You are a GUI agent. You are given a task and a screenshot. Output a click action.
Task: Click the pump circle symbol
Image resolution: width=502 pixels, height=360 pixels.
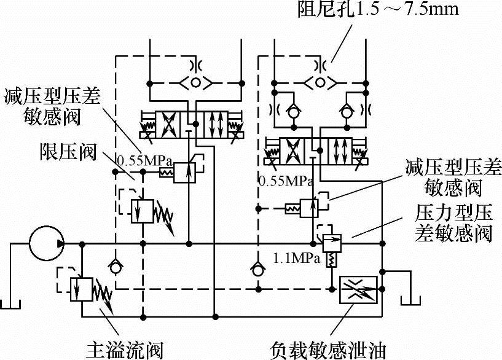45,244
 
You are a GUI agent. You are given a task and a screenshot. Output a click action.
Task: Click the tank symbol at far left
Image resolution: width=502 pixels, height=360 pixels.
10,303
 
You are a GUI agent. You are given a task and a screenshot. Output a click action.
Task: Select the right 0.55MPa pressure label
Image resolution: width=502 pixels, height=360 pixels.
286,181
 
